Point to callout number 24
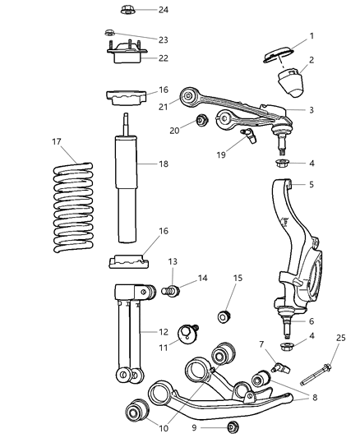pos(163,11)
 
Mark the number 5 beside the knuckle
pos(311,185)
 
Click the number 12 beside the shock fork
pos(163,332)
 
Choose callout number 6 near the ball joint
pos(311,320)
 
